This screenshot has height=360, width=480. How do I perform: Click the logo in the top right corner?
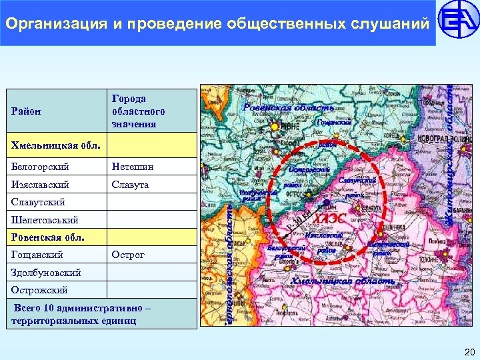[458, 23]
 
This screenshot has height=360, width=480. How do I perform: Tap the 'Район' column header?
[26, 111]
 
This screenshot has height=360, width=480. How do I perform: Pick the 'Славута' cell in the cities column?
[130, 184]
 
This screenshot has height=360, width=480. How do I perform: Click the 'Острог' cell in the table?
[128, 255]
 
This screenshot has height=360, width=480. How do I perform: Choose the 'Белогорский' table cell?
[40, 166]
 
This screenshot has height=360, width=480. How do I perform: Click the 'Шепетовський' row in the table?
[45, 219]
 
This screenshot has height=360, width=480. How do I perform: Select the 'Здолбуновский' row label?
[46, 273]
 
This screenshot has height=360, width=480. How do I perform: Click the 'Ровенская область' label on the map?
[288, 107]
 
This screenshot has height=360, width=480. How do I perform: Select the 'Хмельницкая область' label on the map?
[343, 281]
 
